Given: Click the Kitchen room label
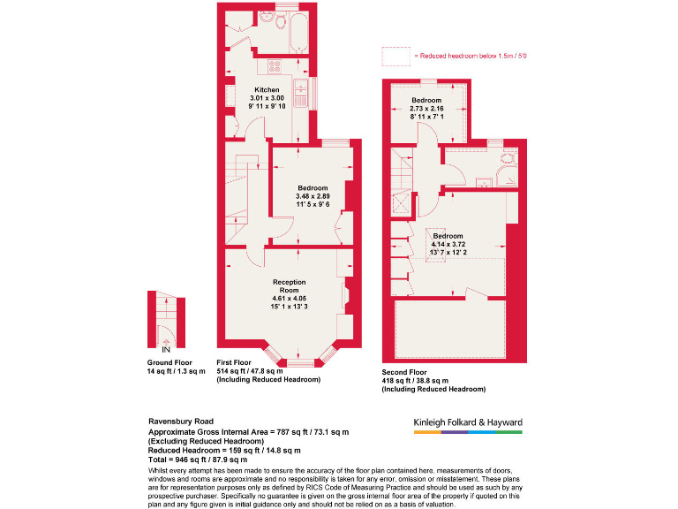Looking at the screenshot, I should (x=267, y=91).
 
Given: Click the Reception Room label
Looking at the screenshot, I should (x=290, y=285).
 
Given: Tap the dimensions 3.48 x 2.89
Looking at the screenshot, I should (x=313, y=196).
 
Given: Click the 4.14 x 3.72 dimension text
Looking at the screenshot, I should (x=447, y=245).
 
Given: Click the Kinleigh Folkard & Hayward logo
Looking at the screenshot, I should (x=468, y=423).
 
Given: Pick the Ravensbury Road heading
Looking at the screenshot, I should (x=179, y=422).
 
